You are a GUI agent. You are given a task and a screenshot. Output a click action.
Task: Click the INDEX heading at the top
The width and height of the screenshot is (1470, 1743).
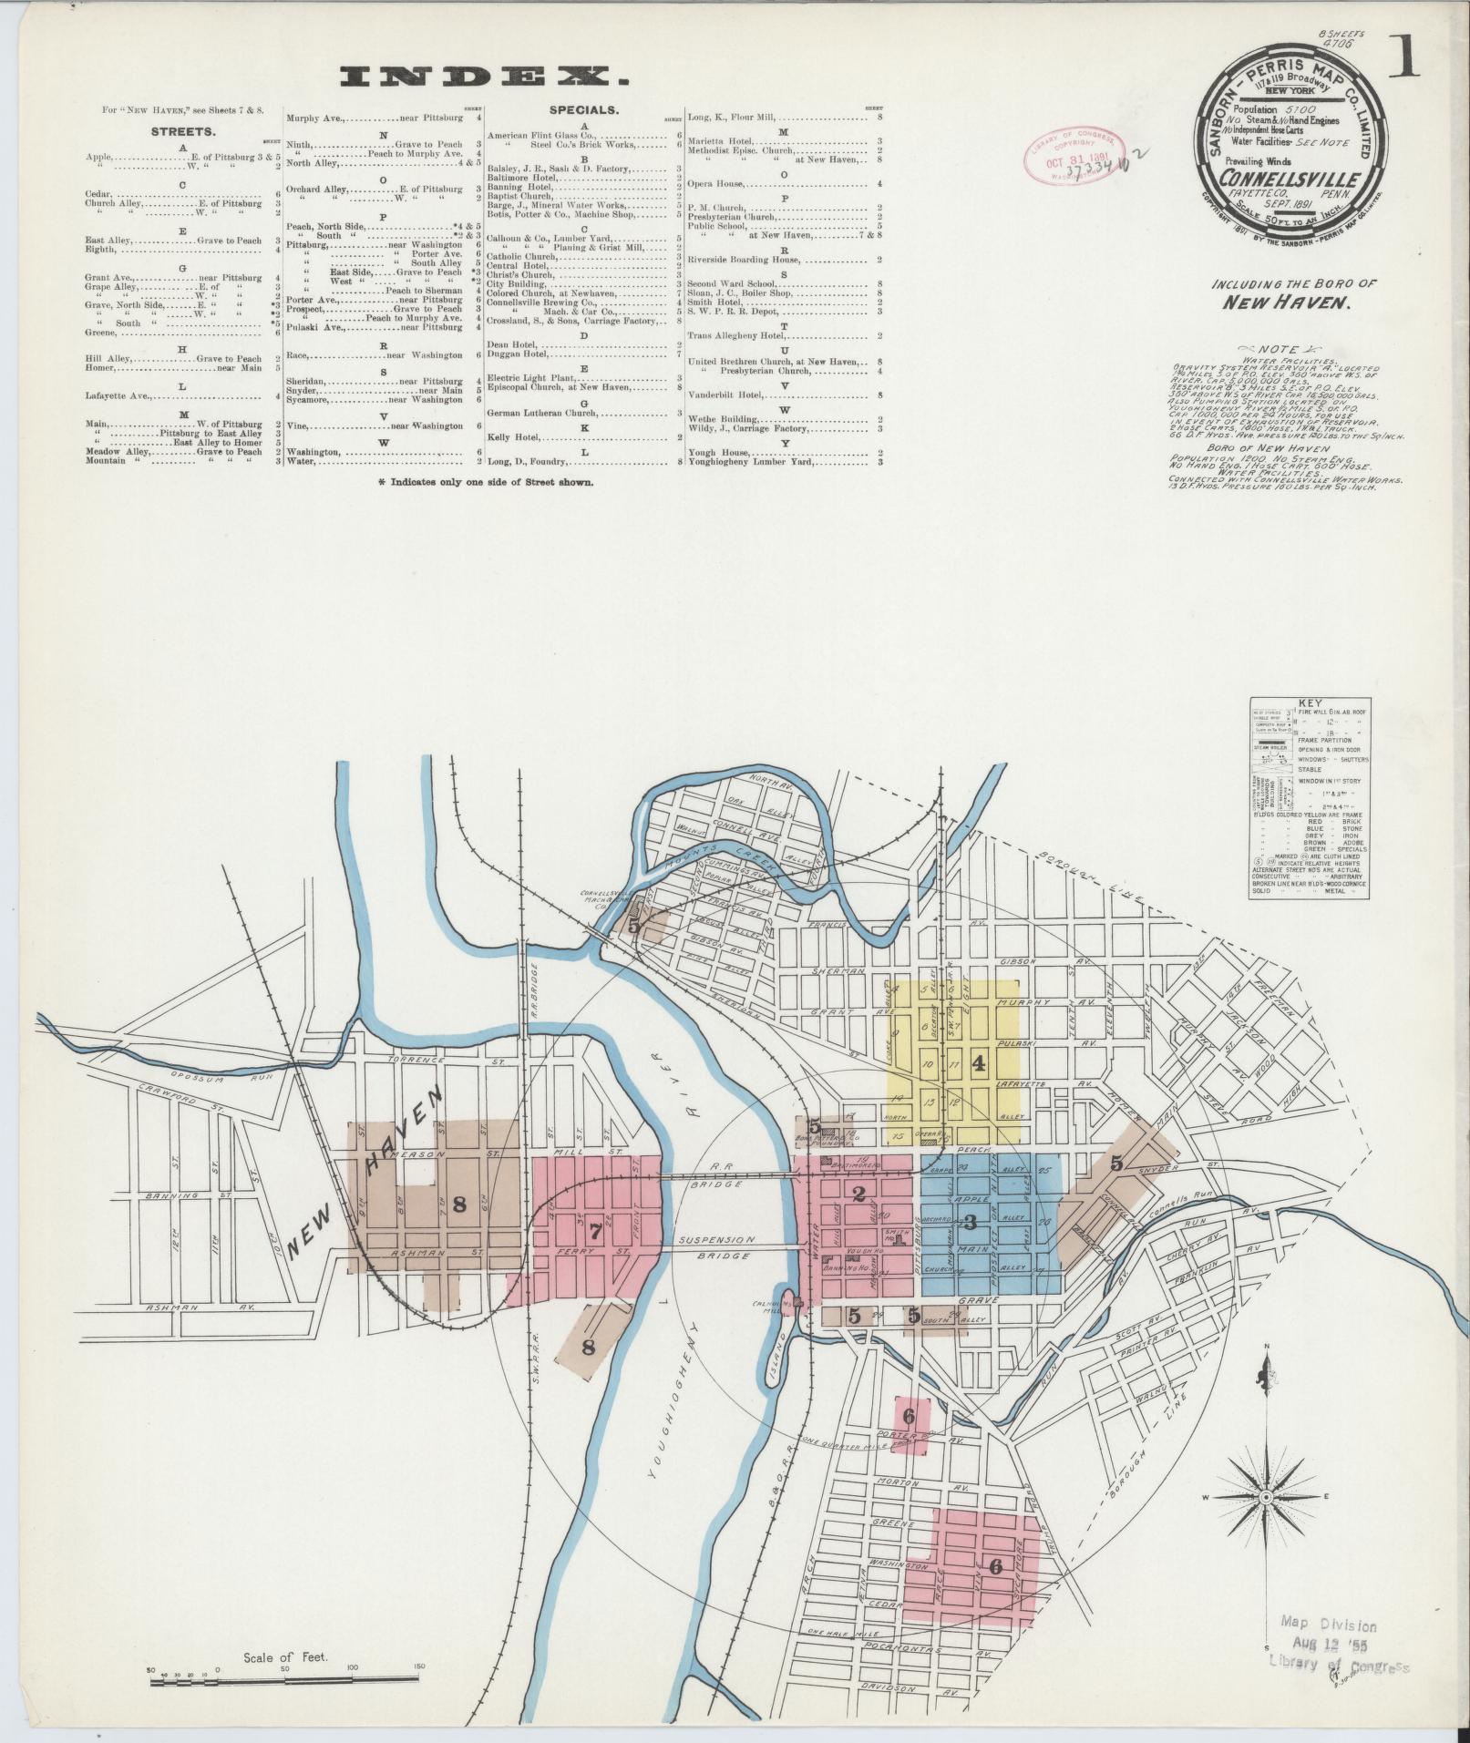475,77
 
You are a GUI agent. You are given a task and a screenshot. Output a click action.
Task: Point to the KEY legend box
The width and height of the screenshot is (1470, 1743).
1311,798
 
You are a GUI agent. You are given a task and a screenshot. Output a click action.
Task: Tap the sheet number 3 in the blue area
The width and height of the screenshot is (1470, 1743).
970,1222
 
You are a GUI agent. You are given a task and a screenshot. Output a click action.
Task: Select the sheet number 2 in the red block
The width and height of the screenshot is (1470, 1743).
858,1194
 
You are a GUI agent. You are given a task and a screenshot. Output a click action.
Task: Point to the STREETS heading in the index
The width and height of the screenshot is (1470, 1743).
182,131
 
